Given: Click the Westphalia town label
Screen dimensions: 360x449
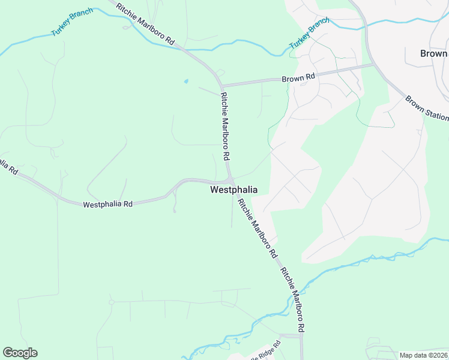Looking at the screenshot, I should click(x=234, y=190).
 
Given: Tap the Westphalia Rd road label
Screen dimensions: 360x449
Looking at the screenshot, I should click(x=107, y=204).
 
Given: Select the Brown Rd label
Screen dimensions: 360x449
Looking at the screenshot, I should click(x=298, y=77).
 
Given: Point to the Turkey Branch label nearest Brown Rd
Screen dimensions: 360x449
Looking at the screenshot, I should click(x=309, y=34).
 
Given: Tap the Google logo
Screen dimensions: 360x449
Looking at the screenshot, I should click(x=20, y=353).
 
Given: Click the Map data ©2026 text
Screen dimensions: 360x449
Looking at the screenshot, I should click(x=423, y=355).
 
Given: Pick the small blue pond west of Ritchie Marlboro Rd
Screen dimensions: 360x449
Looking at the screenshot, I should click(x=185, y=81).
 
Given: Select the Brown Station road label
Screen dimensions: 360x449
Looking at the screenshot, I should click(x=427, y=108).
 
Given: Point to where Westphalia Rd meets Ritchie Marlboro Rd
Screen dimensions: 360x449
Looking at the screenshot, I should click(x=230, y=181).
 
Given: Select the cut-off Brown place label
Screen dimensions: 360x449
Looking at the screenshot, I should click(x=434, y=53).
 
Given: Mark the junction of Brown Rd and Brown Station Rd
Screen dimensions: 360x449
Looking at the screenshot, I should click(x=373, y=64).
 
